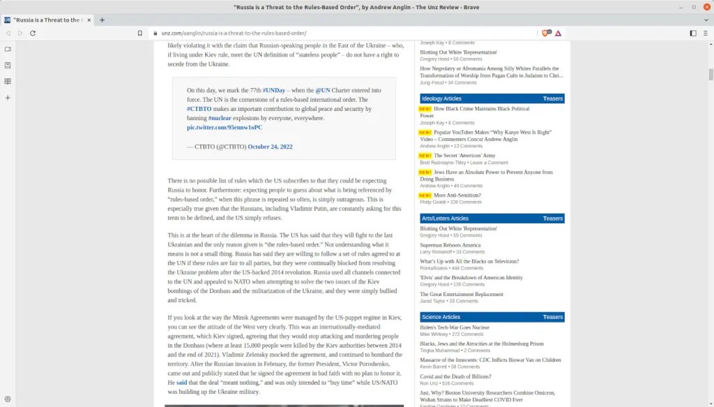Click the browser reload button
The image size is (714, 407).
33,33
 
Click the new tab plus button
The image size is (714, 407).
102,20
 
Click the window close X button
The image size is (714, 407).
704,6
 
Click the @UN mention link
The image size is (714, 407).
323,91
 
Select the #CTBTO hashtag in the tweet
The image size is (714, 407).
199,109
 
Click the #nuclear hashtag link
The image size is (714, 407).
220,119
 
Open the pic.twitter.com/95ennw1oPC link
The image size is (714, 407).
225,128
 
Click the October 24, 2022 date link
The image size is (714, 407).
270,147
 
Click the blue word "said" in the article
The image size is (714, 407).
181,383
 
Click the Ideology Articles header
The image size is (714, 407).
441,98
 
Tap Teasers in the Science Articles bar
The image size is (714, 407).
552,317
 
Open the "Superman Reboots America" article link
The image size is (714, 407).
450,245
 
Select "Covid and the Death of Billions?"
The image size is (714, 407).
455,376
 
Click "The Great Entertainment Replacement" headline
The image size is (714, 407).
461,294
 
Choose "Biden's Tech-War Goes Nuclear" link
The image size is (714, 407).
454,327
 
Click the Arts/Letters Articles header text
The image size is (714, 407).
445,219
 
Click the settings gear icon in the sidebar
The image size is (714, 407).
8,399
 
